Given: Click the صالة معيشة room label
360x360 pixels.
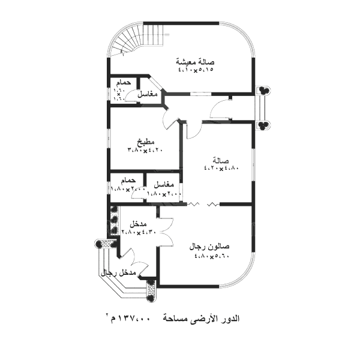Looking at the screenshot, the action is pyautogui.click(x=196, y=61).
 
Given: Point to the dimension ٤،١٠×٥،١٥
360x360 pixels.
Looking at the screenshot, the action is pyautogui.click(x=196, y=70).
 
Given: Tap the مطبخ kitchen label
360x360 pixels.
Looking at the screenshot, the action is pyautogui.click(x=145, y=142).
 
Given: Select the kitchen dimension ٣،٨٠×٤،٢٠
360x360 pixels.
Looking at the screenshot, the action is pyautogui.click(x=145, y=150).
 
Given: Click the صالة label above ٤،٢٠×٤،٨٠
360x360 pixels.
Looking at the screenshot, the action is pyautogui.click(x=221, y=161).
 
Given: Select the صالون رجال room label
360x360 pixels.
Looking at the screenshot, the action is pyautogui.click(x=209, y=247).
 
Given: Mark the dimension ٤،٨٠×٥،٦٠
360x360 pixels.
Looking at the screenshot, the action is pyautogui.click(x=212, y=256).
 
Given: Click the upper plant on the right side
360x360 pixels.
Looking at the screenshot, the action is pyautogui.click(x=263, y=91).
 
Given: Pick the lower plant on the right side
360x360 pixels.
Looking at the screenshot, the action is pyautogui.click(x=263, y=125).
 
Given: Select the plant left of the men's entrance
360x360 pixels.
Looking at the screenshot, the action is pyautogui.click(x=100, y=244).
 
